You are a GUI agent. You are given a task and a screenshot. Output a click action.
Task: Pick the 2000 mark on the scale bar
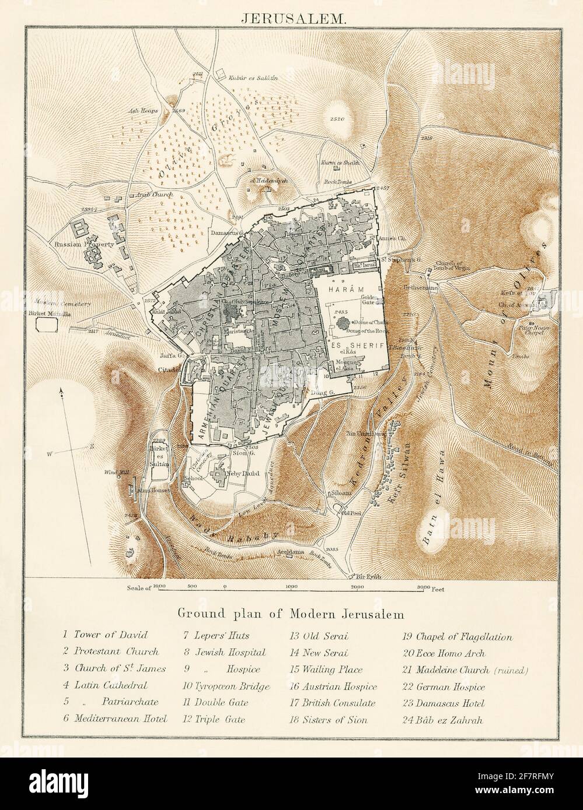(x=357, y=588)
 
